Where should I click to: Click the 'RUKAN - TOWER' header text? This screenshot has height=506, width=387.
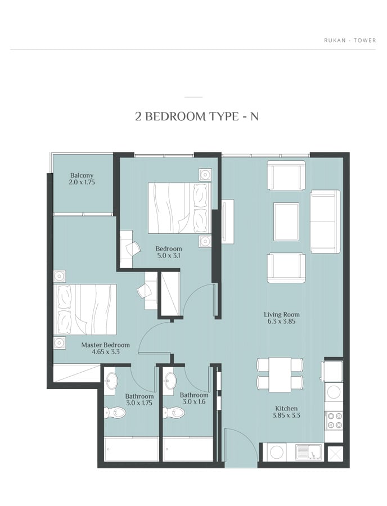(x=350, y=40)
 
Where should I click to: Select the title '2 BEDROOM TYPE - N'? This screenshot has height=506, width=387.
(x=197, y=116)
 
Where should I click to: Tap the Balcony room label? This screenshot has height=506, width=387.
(x=82, y=175)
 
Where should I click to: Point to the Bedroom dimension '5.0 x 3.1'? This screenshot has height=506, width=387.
(x=169, y=256)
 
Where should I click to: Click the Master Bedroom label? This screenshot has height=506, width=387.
(x=106, y=345)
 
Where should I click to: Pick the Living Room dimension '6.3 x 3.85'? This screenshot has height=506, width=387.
(x=282, y=322)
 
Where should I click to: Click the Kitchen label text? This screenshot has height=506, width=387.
(x=286, y=409)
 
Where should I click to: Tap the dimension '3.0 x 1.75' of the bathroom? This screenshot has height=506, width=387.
(x=139, y=403)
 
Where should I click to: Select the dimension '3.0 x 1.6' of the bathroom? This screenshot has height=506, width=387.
(x=194, y=402)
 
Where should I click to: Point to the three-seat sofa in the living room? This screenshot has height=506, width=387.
(x=325, y=222)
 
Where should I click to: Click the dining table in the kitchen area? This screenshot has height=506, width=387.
(x=280, y=374)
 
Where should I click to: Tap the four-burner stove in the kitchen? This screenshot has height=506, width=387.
(x=334, y=421)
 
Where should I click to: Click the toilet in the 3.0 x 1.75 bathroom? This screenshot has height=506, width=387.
(x=115, y=413)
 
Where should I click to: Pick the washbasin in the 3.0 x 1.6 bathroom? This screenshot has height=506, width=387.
(x=170, y=380)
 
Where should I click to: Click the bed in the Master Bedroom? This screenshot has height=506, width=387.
(x=85, y=310)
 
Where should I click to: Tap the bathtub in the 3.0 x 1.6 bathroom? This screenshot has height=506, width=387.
(x=188, y=449)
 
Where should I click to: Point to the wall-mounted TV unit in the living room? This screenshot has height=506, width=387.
(x=228, y=222)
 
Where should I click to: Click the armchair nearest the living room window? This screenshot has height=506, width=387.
(x=286, y=175)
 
